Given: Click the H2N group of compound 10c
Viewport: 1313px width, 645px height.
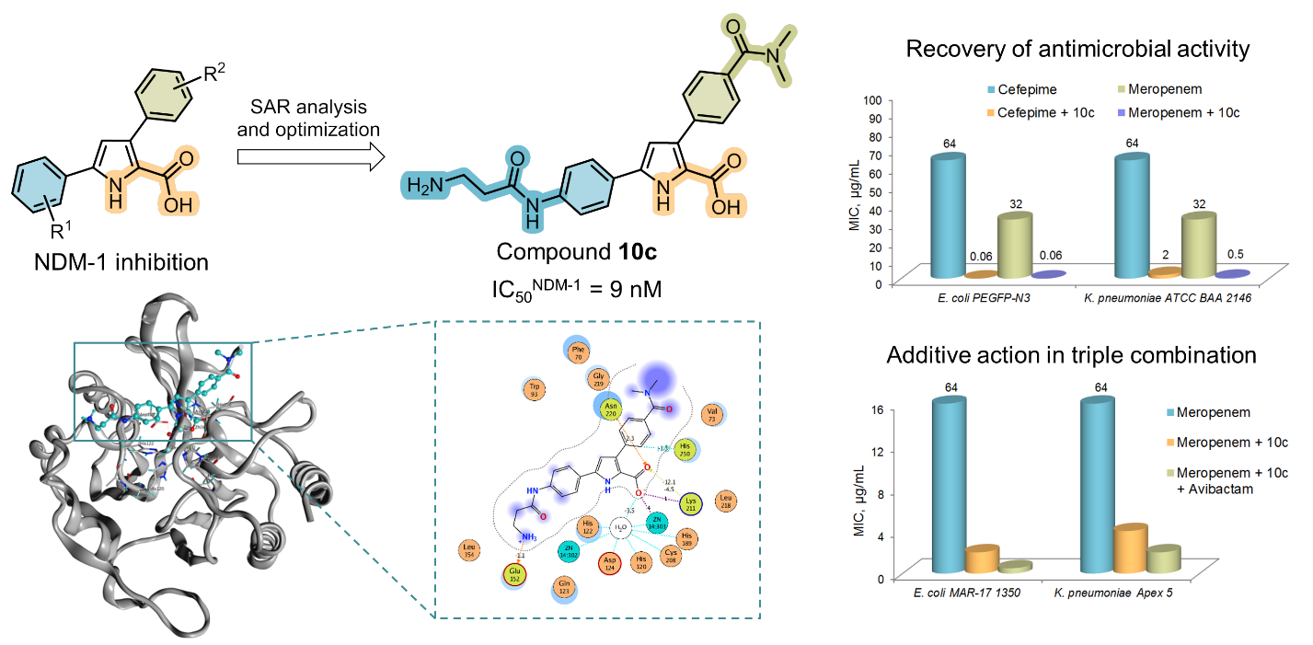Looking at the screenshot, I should point(425,188).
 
